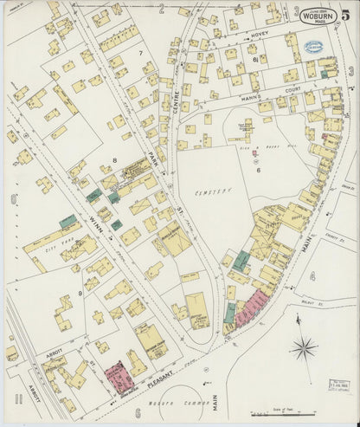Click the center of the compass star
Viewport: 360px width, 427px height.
[x=304, y=350]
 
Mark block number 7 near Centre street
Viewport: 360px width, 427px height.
[x=139, y=54]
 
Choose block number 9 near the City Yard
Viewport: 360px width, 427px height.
[x=80, y=294]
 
